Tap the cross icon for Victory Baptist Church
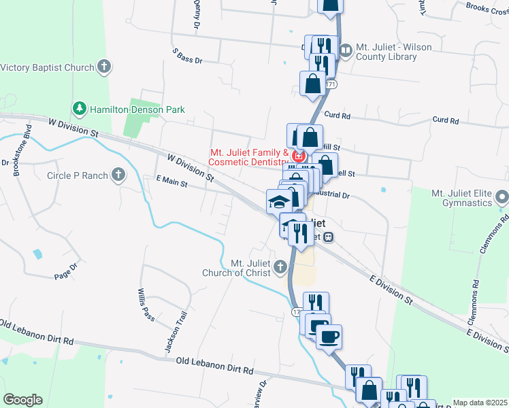pyautogui.click(x=103, y=67)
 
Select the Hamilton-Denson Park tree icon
pyautogui.click(x=80, y=109)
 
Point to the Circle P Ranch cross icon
pyautogui.click(x=118, y=175)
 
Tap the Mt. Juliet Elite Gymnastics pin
pyautogui.click(x=502, y=197)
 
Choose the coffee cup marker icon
pyautogui.click(x=329, y=336)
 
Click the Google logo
pyautogui.click(x=22, y=400)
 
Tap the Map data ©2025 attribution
pyautogui.click(x=479, y=403)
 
